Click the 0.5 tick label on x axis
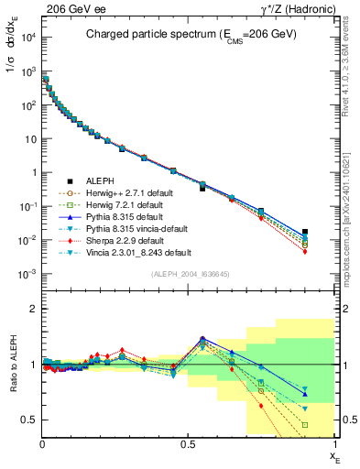[x=188, y=443]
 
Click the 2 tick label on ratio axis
[x=34, y=309]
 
